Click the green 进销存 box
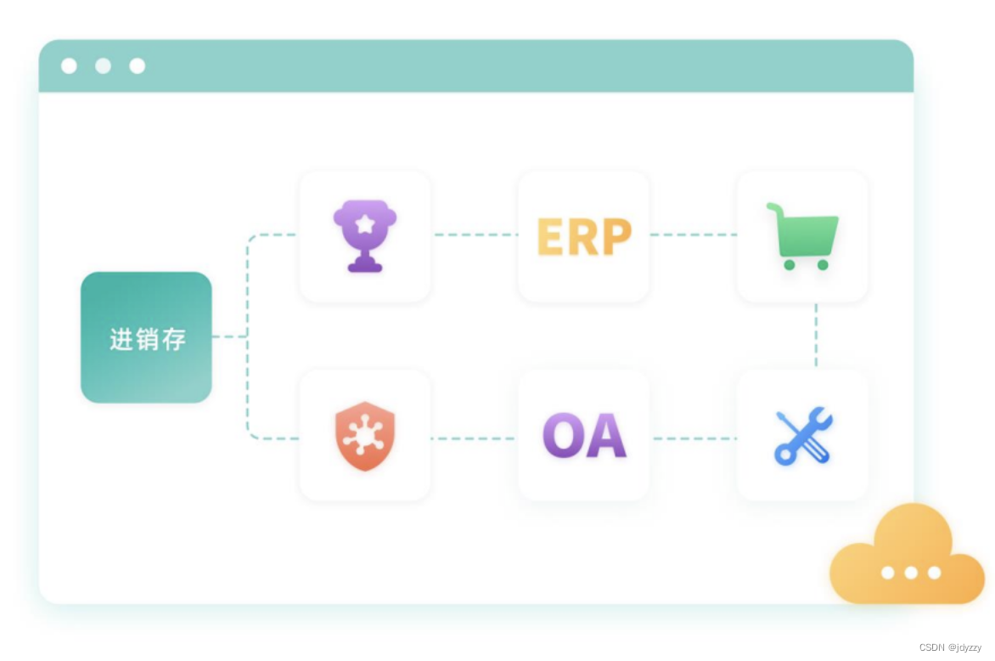click(146, 337)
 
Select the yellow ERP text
click(584, 237)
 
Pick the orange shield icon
click(365, 436)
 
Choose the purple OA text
click(584, 436)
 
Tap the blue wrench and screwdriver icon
click(803, 436)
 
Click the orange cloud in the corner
click(907, 556)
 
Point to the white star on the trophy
click(365, 223)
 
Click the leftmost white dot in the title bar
click(70, 66)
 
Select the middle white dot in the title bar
click(104, 66)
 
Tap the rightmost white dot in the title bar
click(138, 66)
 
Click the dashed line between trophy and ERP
click(474, 234)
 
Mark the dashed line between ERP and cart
click(693, 234)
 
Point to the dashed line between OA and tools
click(694, 438)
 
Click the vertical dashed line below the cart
click(816, 336)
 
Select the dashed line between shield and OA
click(474, 438)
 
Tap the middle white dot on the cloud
click(911, 573)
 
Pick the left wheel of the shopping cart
click(790, 265)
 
